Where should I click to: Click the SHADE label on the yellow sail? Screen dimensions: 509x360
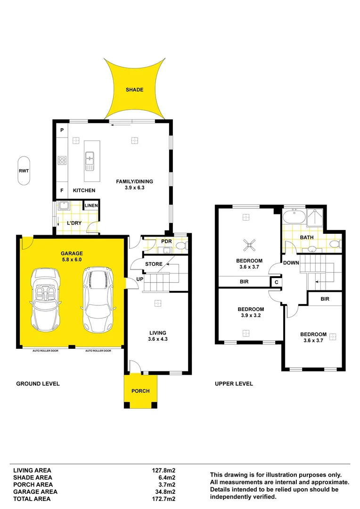[x=134, y=90]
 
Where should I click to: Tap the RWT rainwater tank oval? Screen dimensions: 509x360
[x=24, y=171]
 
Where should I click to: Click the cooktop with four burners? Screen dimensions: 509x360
[x=62, y=160]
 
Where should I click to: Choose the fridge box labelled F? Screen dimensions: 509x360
[x=62, y=190]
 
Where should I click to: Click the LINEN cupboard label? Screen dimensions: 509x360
[x=91, y=205]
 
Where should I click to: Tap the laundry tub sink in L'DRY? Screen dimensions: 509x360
[x=63, y=205]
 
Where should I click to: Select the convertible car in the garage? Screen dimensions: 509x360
[x=45, y=299]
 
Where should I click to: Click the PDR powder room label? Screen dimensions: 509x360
[x=166, y=242]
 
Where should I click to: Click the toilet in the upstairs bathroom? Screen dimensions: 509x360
[x=335, y=244]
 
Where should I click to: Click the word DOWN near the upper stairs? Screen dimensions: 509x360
[x=291, y=263]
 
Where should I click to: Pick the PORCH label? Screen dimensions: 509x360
[x=140, y=391]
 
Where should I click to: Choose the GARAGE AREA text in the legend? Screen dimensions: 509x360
[x=35, y=492]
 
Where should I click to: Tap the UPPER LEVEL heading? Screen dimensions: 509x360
[x=234, y=384]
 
